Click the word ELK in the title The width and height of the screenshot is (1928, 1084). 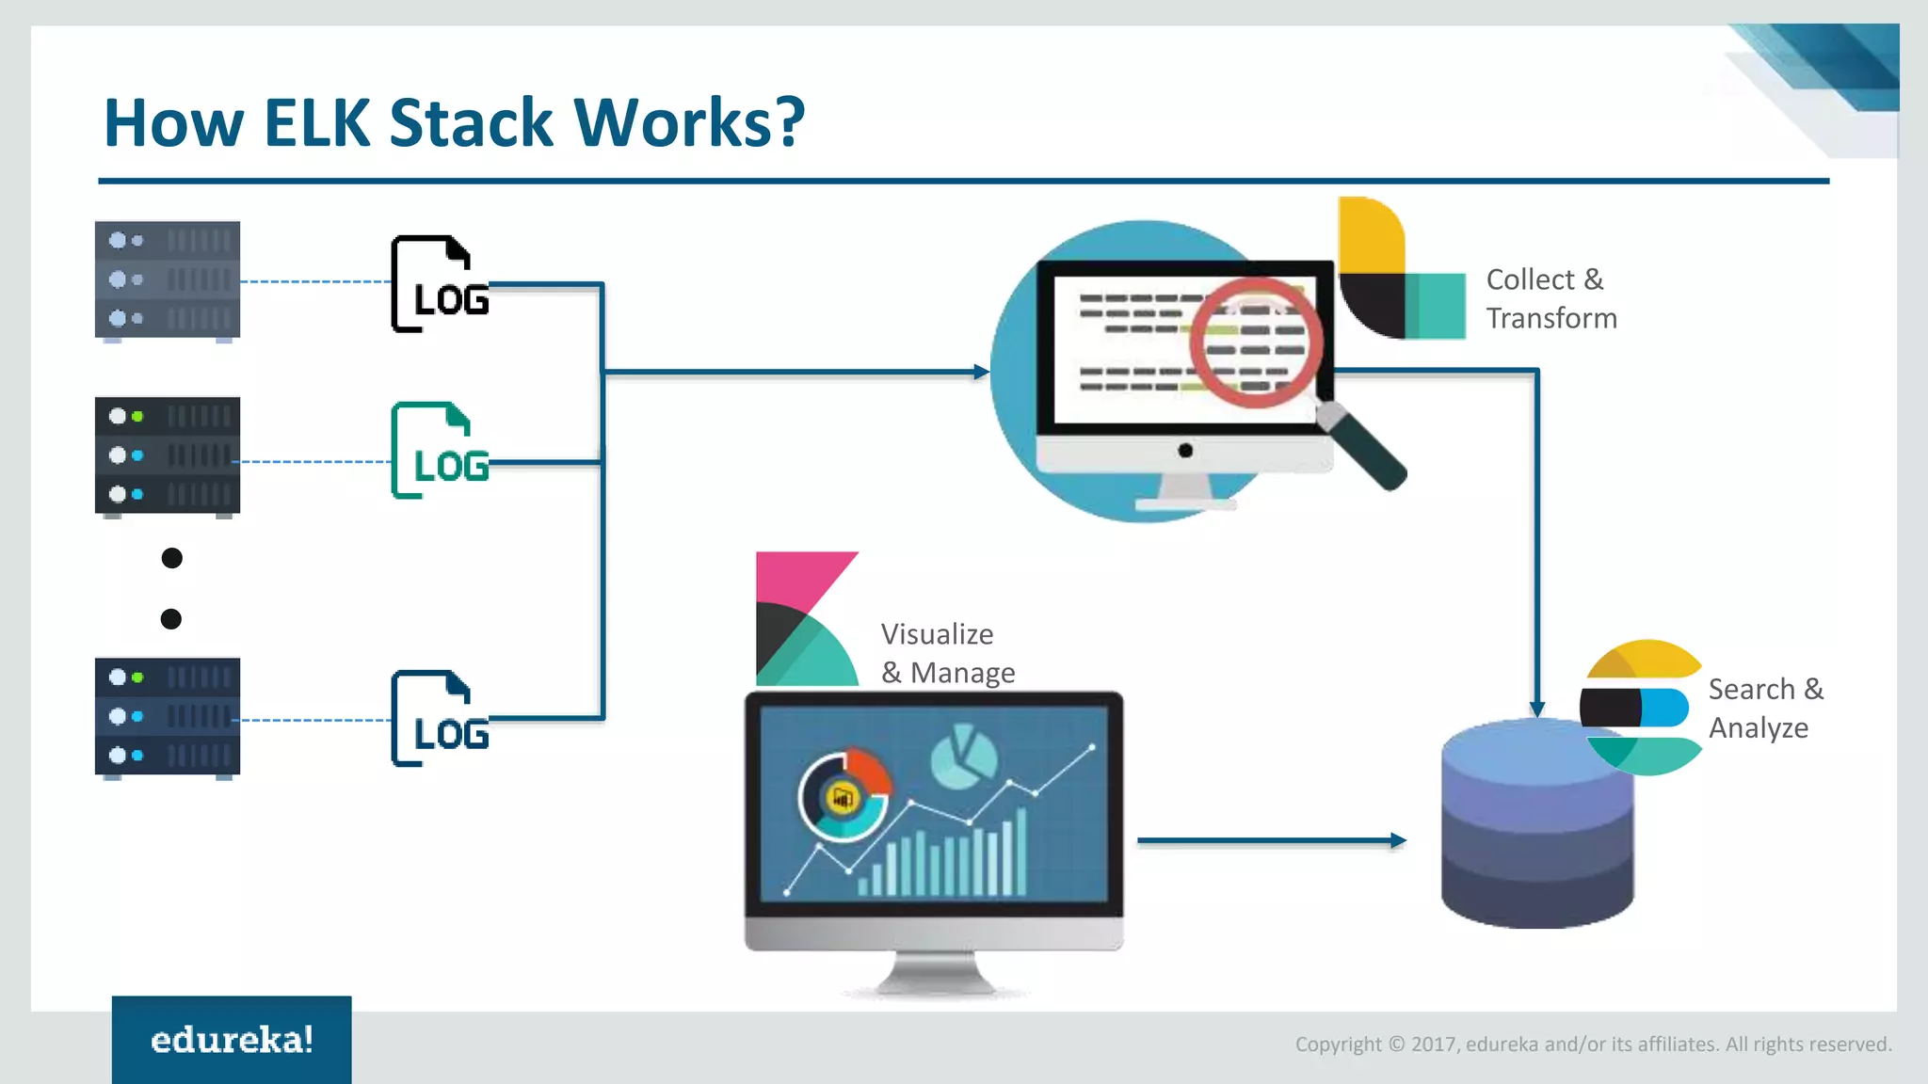316,123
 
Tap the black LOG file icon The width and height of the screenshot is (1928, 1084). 439,284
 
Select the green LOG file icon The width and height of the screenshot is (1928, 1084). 439,451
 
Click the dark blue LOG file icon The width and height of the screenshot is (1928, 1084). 439,719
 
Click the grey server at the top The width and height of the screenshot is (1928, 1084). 168,279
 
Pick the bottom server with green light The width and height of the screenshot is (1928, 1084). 168,717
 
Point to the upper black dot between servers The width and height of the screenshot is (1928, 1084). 171,558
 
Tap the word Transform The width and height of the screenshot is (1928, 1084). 1550,319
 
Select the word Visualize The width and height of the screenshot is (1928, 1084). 937,634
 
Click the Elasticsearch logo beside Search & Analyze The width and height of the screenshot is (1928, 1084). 1642,708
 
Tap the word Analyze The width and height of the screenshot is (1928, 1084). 1758,728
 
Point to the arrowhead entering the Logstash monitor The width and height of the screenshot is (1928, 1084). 981,373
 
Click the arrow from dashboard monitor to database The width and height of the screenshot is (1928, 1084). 1271,840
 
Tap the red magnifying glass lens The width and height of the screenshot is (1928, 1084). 1255,342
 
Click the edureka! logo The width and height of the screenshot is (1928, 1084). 232,1040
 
